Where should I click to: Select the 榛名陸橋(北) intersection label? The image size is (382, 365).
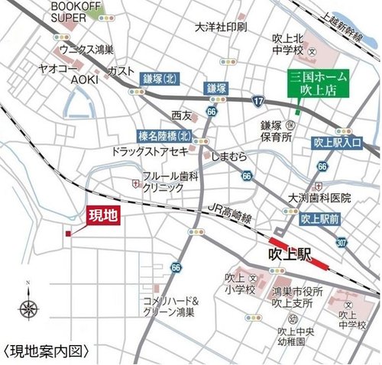(x=163, y=135)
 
